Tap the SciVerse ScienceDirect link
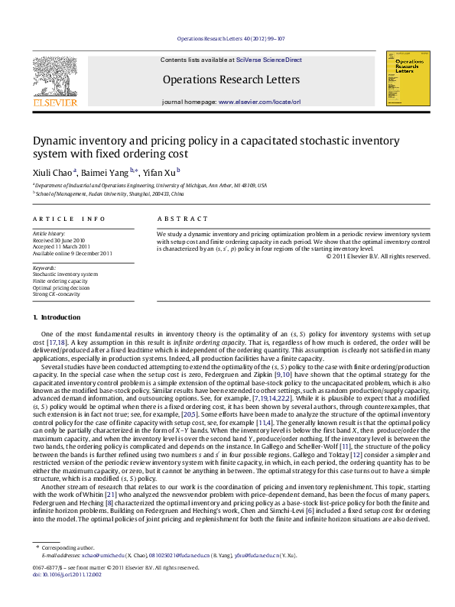click(x=269, y=60)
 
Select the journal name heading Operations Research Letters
click(x=231, y=80)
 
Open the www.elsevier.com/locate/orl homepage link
click(x=259, y=101)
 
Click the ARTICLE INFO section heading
click(x=69, y=219)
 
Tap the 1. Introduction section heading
click(x=57, y=317)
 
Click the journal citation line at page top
click(x=230, y=38)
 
